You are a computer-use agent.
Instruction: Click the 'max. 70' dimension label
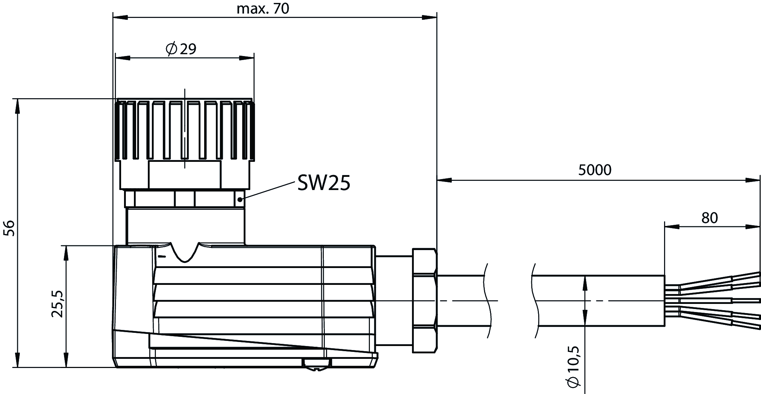(263, 8)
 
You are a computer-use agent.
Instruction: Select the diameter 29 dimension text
(181, 49)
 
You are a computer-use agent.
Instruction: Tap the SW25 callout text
(323, 182)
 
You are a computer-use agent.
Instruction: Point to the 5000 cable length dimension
(595, 170)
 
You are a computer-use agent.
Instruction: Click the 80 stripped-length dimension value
(709, 218)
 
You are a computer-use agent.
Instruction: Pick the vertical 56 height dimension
(10, 228)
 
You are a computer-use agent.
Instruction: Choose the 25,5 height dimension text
(58, 304)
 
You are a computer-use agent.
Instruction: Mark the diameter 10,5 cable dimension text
(573, 366)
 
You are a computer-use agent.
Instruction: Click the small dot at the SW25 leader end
(240, 199)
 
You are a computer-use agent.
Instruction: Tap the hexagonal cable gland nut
(424, 301)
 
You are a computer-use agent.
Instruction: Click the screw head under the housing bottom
(316, 364)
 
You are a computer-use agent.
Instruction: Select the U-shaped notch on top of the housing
(184, 252)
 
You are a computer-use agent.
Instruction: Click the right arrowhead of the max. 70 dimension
(430, 17)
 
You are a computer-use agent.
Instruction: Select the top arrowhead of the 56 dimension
(17, 107)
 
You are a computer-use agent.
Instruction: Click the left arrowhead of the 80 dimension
(672, 227)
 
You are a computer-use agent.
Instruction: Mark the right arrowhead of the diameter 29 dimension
(247, 58)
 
